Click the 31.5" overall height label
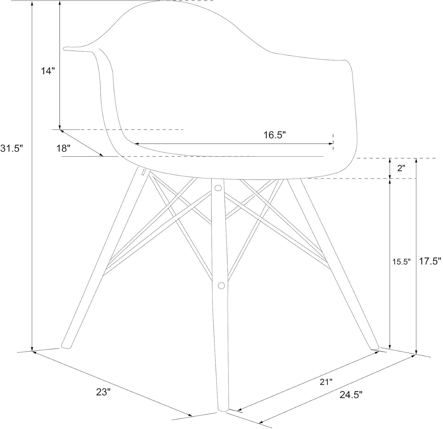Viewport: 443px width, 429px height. coord(12,148)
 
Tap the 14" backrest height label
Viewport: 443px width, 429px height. coord(48,71)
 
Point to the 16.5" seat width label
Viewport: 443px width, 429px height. coord(275,135)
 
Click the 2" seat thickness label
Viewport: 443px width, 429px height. coord(401,168)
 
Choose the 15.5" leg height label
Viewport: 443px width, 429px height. coord(401,262)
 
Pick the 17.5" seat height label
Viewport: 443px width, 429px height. coord(430,261)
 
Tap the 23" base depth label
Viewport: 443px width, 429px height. coord(103,392)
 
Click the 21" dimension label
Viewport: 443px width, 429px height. coord(326,382)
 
